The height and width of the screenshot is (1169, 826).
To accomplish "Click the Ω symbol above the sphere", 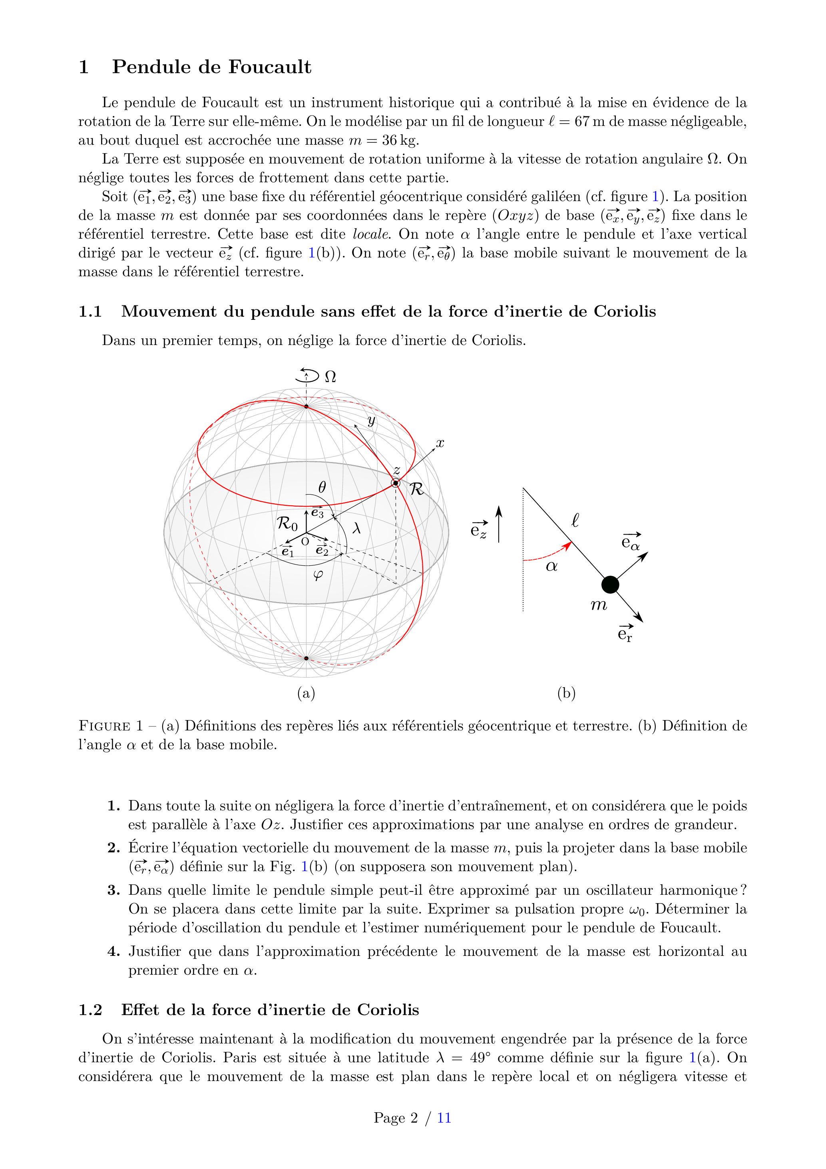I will (x=330, y=377).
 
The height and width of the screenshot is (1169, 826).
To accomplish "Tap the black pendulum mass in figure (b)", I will (x=610, y=584).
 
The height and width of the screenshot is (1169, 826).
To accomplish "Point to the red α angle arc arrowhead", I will (x=567, y=546).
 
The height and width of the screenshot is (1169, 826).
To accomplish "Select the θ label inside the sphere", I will (x=322, y=487).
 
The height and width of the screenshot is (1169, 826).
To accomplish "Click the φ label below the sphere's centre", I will (x=318, y=575).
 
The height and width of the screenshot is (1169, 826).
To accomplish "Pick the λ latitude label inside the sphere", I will (x=357, y=529).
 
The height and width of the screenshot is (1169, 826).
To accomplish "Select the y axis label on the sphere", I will (x=372, y=421).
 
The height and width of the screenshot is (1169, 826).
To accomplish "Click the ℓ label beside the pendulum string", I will (x=575, y=521).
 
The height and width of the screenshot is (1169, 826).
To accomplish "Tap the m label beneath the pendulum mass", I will (x=599, y=605).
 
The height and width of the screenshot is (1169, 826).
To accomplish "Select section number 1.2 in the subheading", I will (x=90, y=1009).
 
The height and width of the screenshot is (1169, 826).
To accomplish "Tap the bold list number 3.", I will (x=113, y=890).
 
